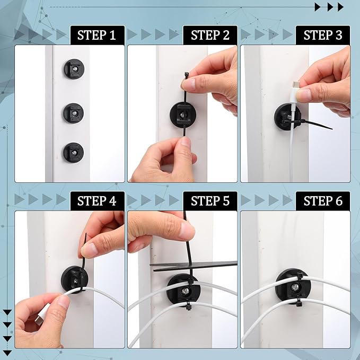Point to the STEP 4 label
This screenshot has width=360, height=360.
coord(97,201)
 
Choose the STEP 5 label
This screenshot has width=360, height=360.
coord(210,201)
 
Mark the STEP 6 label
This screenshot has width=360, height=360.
coord(323,201)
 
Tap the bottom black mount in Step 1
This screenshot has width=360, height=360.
coord(73,153)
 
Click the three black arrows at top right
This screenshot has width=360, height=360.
coord(329,7)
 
